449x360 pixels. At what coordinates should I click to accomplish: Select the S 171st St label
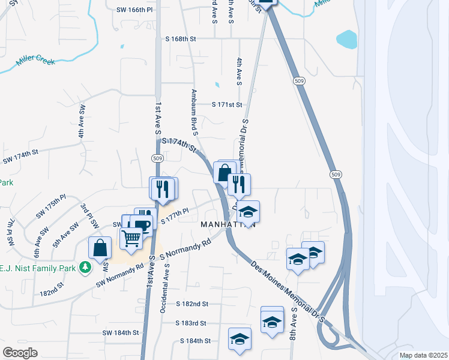227,104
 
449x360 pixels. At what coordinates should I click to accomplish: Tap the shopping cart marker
131,238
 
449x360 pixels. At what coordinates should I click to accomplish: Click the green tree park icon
86,267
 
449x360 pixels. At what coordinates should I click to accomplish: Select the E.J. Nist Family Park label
39,267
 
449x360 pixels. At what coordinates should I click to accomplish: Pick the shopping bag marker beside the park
100,247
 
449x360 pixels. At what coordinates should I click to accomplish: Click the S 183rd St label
191,323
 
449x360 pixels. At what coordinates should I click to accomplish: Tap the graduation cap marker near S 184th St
240,338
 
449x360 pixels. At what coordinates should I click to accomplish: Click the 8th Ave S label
294,326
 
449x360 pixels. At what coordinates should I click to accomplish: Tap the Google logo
20,353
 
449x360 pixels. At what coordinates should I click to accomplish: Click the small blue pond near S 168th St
346,40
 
